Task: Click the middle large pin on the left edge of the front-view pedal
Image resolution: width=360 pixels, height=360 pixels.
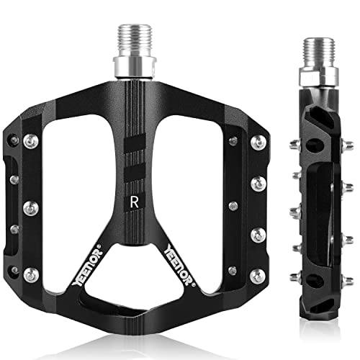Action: coord(30,208)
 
